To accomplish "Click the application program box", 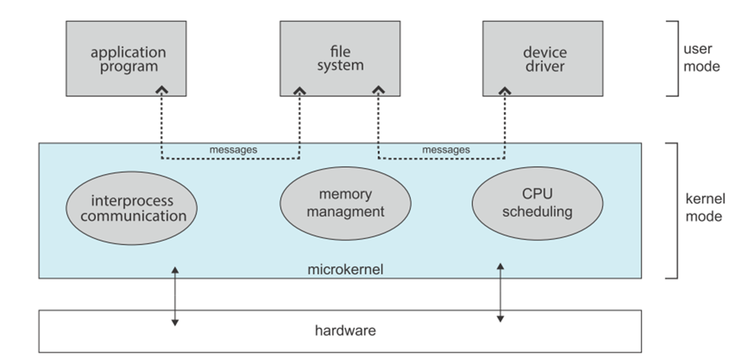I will tap(126, 59).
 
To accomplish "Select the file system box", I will tap(340, 59).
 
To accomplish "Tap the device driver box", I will tap(543, 59).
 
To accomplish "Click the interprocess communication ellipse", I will tap(132, 208).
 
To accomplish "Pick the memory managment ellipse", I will tap(345, 204).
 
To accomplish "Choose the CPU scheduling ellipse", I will tap(538, 204).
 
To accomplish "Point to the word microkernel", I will tap(345, 270).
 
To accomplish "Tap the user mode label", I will tap(701, 58).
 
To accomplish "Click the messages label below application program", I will tap(233, 150).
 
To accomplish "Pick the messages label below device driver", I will tap(446, 150).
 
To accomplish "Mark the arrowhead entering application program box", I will tap(162, 89).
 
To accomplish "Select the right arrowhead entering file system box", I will tap(378, 89).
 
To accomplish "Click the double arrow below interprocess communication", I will tap(175, 296).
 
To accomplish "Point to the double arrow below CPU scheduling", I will tap(500, 293).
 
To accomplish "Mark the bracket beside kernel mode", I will tap(674, 211).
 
